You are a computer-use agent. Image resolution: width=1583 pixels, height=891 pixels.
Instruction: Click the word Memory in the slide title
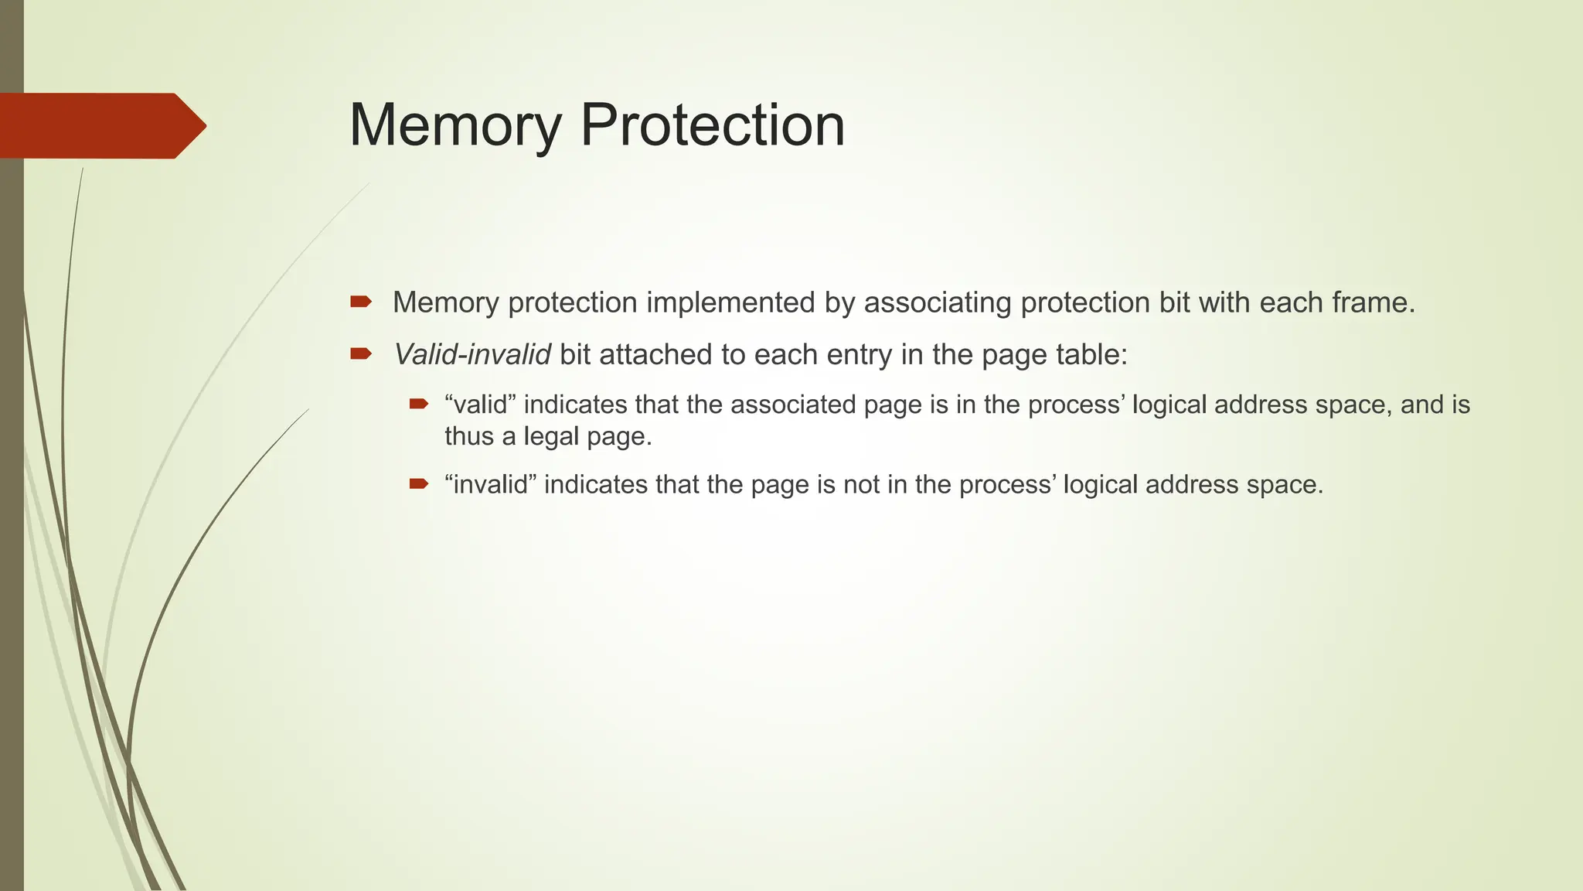[x=454, y=125]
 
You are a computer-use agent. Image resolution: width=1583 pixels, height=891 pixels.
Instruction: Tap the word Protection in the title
[x=712, y=125]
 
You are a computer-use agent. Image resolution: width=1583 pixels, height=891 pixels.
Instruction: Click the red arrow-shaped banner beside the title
[x=100, y=125]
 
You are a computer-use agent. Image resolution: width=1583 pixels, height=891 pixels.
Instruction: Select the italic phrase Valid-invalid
[x=471, y=355]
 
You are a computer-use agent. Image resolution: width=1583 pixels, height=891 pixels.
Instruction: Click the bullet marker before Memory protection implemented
[x=361, y=302]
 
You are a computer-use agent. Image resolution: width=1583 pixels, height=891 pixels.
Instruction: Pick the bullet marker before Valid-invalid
[x=361, y=354]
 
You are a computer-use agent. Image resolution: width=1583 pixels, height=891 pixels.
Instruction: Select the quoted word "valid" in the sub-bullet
[x=480, y=405]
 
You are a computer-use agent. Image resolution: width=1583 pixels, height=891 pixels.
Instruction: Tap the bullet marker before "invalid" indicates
[x=418, y=484]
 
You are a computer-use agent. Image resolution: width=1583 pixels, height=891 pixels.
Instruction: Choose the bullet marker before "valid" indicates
[x=418, y=403]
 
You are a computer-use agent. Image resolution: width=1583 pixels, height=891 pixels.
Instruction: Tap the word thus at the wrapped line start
[x=468, y=437]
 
